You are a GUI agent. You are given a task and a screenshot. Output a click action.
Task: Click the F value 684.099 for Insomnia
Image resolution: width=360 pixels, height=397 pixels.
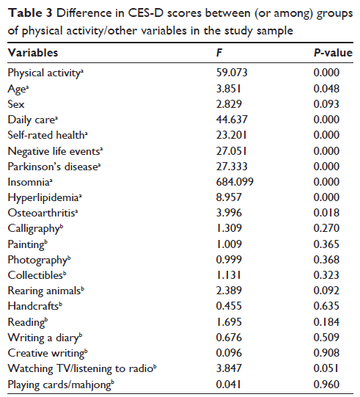point(235,182)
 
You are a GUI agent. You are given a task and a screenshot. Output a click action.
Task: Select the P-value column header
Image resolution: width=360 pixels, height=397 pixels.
point(333,53)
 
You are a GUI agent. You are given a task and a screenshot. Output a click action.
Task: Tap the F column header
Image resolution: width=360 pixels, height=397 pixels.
point(219,53)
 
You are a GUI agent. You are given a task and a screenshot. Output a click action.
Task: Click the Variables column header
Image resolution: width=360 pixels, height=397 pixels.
point(33,53)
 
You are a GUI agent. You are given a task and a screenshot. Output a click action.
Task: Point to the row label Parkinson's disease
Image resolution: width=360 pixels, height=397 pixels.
point(54,167)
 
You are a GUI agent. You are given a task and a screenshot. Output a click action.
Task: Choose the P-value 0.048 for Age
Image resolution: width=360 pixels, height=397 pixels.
point(326,89)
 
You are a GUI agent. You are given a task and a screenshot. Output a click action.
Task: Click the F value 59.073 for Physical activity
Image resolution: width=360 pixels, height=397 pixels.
point(232,73)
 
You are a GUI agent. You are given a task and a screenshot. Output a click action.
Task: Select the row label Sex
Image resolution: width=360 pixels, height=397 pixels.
point(16,104)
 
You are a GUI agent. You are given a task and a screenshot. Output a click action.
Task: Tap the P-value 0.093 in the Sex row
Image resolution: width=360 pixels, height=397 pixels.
point(326,104)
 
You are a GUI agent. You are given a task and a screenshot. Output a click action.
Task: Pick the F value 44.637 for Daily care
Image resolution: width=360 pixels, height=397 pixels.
point(232,120)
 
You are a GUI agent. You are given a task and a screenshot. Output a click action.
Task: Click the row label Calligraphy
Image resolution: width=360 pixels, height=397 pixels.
point(35,228)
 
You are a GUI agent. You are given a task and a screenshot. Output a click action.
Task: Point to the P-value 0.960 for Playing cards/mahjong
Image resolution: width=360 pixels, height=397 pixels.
point(326,385)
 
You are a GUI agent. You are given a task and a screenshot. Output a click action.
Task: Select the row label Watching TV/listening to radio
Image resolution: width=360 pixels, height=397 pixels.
point(82,368)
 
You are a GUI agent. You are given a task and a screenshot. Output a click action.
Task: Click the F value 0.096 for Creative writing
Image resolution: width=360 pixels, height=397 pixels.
point(229,353)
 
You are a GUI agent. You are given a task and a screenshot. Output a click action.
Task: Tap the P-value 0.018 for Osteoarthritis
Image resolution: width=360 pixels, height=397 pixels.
point(326,213)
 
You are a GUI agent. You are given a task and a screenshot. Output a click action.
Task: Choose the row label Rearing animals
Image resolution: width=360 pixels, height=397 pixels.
point(45,291)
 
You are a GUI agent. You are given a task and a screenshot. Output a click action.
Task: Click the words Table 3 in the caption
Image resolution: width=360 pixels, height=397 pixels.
point(30,13)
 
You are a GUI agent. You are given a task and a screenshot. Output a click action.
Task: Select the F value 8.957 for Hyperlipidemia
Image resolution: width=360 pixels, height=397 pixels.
point(229,197)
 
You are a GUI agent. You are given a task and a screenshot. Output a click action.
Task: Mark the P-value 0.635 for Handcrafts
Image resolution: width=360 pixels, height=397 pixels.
point(326,306)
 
